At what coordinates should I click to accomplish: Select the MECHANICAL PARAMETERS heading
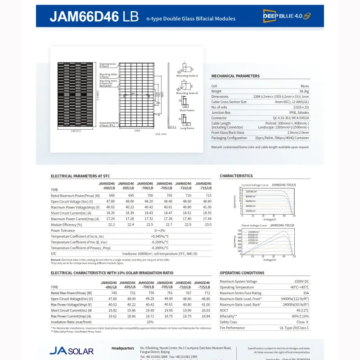click(x=235, y=76)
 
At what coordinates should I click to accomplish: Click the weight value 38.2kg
click(x=304, y=91)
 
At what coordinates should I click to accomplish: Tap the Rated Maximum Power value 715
click(x=208, y=196)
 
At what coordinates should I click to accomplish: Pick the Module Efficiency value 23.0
click(x=208, y=224)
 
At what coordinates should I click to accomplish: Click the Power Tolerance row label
click(x=63, y=230)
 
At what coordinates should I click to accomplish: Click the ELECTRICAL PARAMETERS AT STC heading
click(x=81, y=176)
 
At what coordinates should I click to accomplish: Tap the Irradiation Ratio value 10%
click(x=150, y=322)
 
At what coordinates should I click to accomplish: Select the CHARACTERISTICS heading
click(x=236, y=176)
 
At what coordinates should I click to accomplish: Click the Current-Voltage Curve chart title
click(x=255, y=185)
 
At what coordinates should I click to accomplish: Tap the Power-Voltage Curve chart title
click(x=254, y=225)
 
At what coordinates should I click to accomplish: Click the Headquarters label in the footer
click(x=123, y=348)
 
